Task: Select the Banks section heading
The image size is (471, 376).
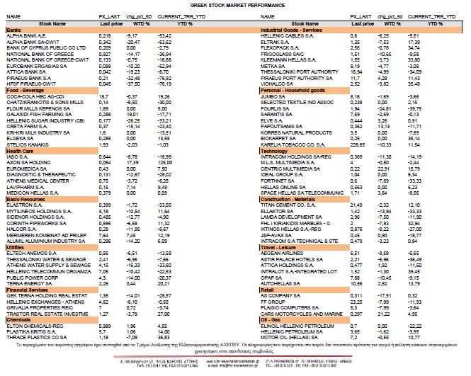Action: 12,30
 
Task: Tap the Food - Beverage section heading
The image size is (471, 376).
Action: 22,90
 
